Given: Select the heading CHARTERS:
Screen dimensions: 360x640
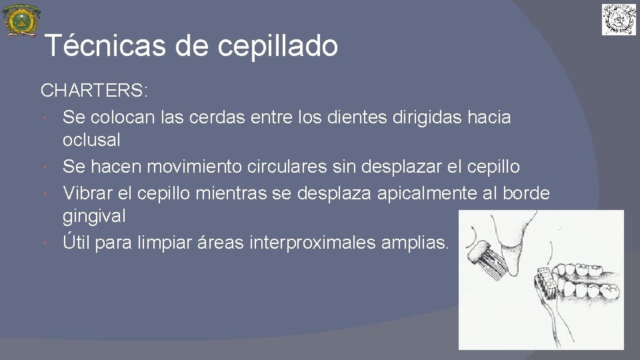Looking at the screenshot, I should (95, 90).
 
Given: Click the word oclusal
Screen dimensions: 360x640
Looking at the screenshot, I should (91, 140).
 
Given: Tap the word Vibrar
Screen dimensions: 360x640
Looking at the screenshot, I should (87, 193).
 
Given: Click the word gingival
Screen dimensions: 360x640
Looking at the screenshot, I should (94, 217).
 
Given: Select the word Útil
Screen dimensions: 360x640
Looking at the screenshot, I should (76, 241).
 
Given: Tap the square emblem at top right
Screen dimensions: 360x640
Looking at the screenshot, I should (619, 19).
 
